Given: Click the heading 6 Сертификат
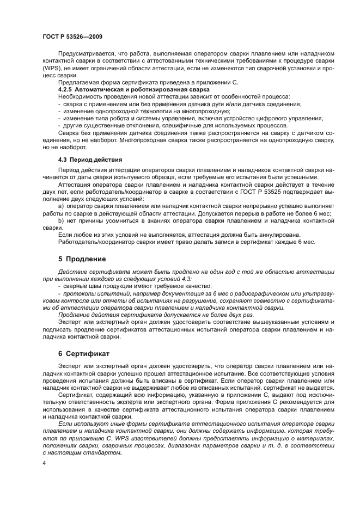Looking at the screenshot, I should tap(83, 353).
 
